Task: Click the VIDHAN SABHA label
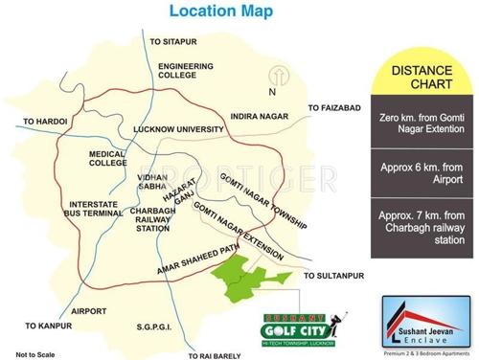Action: [x=151, y=183]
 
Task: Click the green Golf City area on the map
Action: [x=244, y=281]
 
